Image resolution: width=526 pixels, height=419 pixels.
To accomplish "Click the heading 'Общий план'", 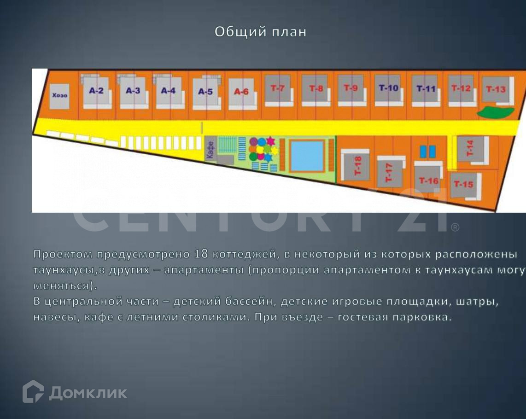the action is click(x=260, y=32).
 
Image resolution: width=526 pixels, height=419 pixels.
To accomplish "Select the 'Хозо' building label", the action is click(x=60, y=96).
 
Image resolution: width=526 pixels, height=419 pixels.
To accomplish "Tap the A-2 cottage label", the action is click(x=96, y=91).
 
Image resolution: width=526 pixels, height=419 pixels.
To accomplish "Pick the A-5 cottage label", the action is click(x=205, y=92).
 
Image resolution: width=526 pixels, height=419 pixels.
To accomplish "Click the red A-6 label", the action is click(x=241, y=92).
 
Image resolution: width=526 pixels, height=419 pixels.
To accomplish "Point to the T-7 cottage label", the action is click(x=277, y=88).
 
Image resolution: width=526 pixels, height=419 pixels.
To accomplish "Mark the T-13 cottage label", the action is click(x=496, y=89).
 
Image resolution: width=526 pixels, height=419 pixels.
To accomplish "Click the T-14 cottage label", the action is click(x=470, y=148).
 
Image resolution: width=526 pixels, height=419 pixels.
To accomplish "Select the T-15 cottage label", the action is click(x=463, y=184).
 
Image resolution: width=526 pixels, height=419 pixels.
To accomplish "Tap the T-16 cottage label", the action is click(x=429, y=181).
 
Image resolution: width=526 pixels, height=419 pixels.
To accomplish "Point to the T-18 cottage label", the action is click(x=358, y=166).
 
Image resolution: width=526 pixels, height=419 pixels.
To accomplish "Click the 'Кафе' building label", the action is click(x=210, y=150).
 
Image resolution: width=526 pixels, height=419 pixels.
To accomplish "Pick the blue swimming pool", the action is click(x=308, y=156).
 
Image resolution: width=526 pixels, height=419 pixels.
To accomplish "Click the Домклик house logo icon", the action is click(x=33, y=392).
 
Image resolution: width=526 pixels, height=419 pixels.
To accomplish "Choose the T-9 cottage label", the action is click(x=351, y=87).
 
